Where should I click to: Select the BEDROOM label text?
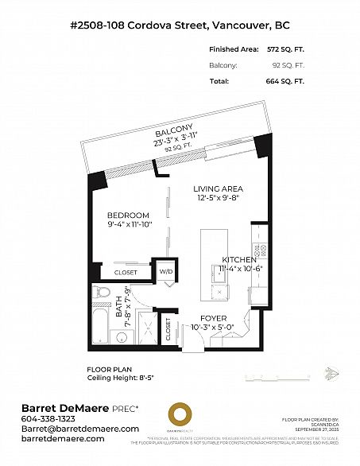129,216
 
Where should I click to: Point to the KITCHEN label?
239,260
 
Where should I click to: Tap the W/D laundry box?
165,272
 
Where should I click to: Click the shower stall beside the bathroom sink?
145,328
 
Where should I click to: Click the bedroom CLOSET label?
126,272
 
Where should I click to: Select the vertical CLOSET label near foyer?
169,326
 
